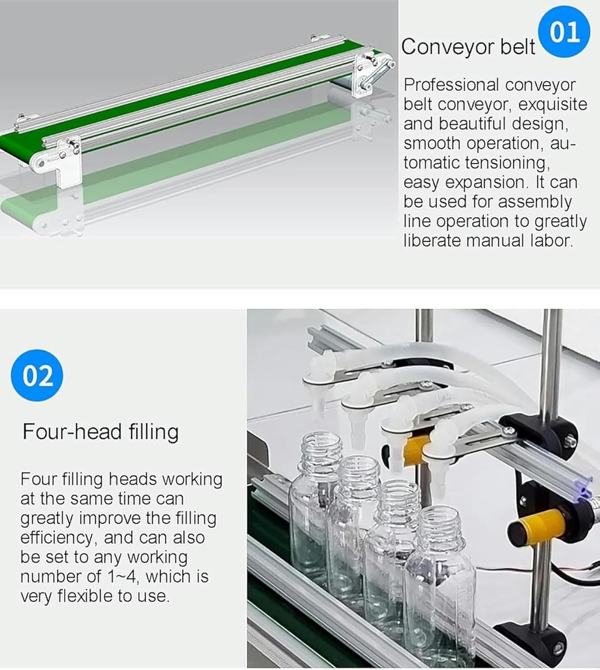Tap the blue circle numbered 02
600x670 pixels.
(x=37, y=376)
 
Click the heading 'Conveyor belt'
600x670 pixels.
(x=468, y=46)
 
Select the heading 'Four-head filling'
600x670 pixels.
(x=100, y=432)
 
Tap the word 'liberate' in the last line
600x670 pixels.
(x=432, y=241)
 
